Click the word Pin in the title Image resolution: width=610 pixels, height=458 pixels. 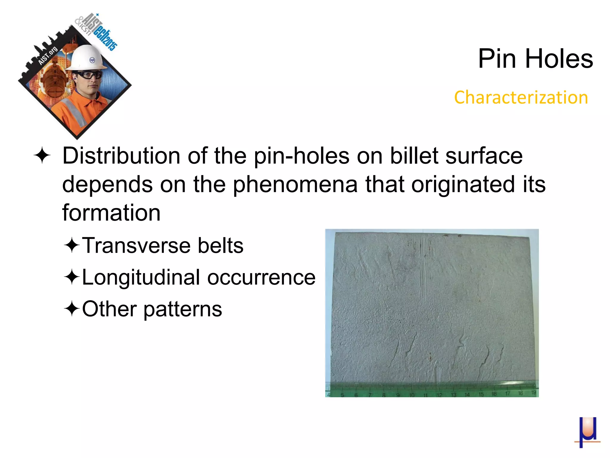click(x=497, y=59)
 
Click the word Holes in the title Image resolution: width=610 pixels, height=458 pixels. click(x=559, y=59)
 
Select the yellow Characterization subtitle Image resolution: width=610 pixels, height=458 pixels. click(x=521, y=98)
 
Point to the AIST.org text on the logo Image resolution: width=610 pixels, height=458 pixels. click(x=48, y=56)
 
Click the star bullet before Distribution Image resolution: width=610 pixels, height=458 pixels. click(x=42, y=156)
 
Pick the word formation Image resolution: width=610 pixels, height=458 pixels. click(x=111, y=213)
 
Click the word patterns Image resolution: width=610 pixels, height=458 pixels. click(x=183, y=310)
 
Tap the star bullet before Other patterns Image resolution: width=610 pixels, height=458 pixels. click(x=71, y=309)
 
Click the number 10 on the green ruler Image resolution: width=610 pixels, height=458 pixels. click(x=412, y=395)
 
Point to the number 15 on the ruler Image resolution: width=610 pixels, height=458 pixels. click(x=481, y=394)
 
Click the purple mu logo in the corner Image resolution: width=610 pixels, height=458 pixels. click(x=587, y=432)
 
